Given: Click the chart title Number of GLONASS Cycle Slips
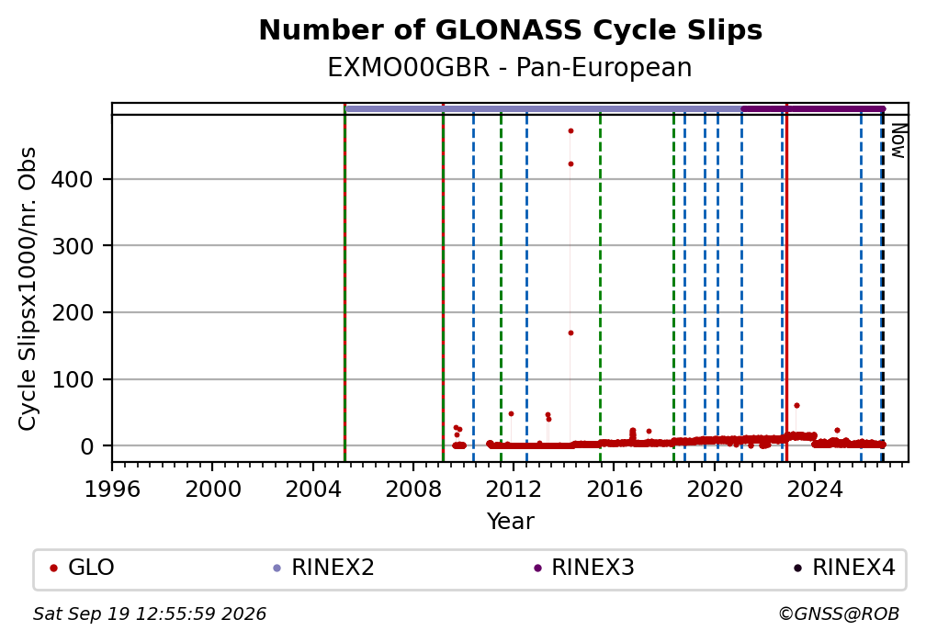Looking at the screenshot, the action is [510, 30].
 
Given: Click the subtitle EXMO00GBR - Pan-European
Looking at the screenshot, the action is [510, 67].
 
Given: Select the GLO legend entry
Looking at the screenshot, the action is [82, 568].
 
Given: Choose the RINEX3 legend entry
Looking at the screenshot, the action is [583, 568].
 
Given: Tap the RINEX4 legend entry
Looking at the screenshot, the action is [844, 568].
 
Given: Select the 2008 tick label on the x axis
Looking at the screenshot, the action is [413, 489].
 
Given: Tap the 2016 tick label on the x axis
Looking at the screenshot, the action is [614, 489].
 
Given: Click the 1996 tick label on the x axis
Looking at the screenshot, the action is [112, 489].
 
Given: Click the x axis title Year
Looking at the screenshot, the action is [510, 521].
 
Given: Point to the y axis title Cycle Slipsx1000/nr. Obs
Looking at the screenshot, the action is [28, 288].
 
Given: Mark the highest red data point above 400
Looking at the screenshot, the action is [570, 131].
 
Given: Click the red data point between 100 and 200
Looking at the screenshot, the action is [570, 333].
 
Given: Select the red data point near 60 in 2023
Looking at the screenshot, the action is [796, 406].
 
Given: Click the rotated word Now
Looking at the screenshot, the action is [898, 141].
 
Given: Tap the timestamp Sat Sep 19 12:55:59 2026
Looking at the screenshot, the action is [150, 614].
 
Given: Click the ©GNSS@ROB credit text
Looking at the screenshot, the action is [839, 614].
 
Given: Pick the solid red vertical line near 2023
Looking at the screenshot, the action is [786, 282].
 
